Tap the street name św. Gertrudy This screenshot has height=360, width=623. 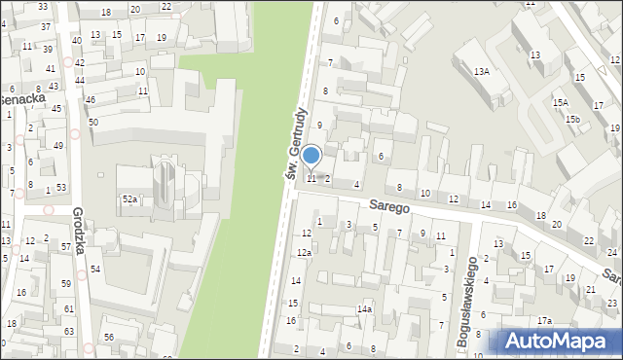click(x=297, y=143)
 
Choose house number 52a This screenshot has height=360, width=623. click(x=129, y=198)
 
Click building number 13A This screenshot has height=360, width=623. click(x=481, y=72)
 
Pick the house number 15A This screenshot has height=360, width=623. click(x=560, y=102)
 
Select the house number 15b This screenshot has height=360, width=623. click(x=574, y=120)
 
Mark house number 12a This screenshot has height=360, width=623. click(x=304, y=253)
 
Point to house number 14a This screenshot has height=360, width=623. click(x=364, y=309)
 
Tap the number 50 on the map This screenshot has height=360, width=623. click(x=93, y=122)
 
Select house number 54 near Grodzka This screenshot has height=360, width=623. click(x=95, y=269)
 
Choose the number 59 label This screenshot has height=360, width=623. click(x=67, y=284)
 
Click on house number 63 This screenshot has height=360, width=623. click(x=68, y=332)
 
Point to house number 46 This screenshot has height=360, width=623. click(x=91, y=100)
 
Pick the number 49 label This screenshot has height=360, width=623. click(x=58, y=145)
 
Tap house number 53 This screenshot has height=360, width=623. click(x=61, y=187)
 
